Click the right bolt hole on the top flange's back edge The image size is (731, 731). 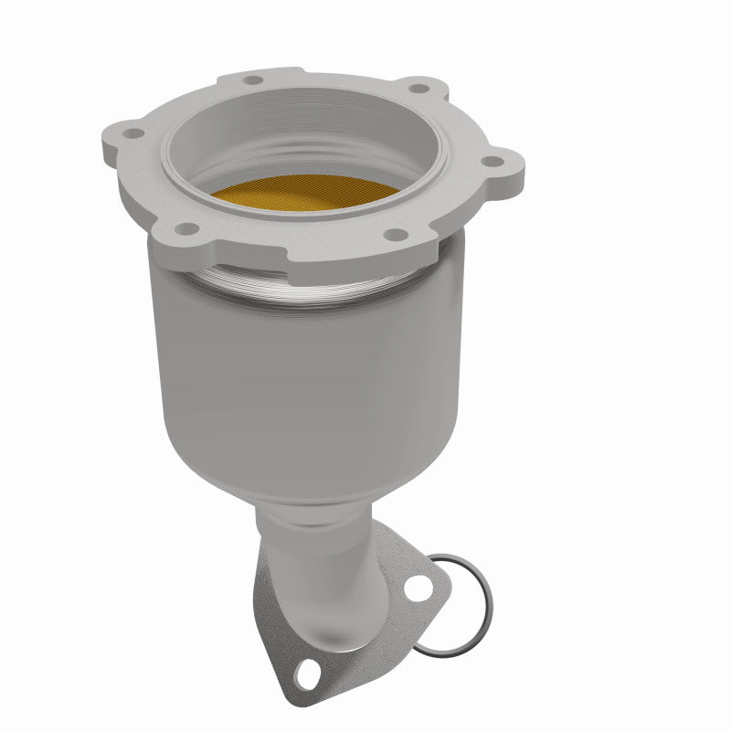[419, 90]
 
